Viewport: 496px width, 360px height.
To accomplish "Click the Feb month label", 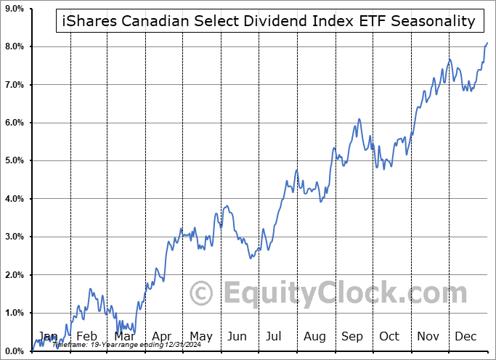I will (x=86, y=336).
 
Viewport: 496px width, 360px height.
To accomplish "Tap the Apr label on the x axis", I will (x=161, y=336).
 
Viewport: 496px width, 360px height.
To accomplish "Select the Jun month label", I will (x=237, y=336).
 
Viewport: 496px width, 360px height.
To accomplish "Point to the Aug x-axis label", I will (x=315, y=336).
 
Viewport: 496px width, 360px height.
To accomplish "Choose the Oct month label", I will (x=389, y=336).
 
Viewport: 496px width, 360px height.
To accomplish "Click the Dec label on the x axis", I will (x=466, y=336).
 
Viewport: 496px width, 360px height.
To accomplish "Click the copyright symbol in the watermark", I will (x=201, y=293).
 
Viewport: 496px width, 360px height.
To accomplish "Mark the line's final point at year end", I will (x=487, y=44).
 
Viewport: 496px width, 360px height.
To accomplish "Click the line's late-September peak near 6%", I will (x=359, y=119).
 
